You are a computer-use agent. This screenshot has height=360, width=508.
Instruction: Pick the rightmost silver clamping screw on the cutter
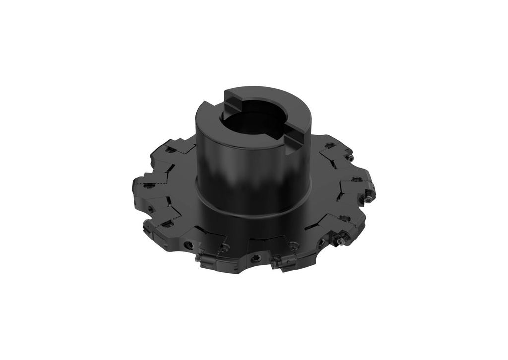point(371,198)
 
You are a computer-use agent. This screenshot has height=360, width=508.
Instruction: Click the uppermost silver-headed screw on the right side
point(351,158)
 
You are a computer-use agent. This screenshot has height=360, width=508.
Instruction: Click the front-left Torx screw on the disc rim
point(189,245)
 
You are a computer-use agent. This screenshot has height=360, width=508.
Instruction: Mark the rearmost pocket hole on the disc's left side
point(170,149)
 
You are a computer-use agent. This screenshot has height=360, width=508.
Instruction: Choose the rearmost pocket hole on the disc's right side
point(328,146)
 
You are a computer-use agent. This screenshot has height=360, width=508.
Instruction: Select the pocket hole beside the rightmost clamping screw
point(355,179)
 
